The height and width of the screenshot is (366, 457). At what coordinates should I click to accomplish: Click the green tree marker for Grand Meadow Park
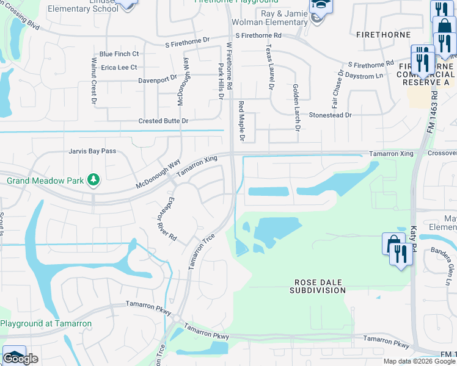tap(93, 180)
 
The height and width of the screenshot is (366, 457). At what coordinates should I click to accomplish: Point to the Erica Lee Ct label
tap(120, 67)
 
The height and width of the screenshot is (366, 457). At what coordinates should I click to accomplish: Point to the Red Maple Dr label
tap(241, 122)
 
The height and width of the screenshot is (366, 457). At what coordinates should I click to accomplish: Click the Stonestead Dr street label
tap(331, 115)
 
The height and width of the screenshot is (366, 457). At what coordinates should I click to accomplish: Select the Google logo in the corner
tap(20, 359)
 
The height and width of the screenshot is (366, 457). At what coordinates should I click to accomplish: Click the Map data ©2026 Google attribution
tap(419, 361)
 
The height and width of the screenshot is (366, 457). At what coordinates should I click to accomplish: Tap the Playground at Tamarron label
tap(46, 323)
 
